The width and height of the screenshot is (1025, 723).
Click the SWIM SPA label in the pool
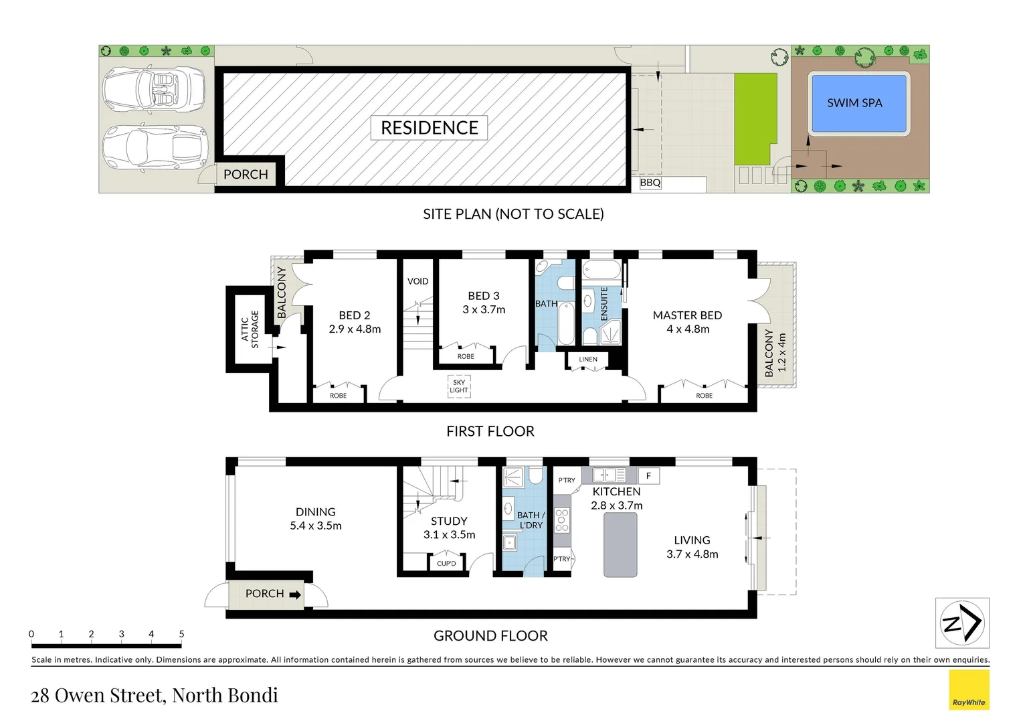pyautogui.click(x=854, y=103)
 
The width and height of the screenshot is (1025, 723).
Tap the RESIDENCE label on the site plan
pyautogui.click(x=429, y=128)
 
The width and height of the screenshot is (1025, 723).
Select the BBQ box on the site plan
pyautogui.click(x=650, y=183)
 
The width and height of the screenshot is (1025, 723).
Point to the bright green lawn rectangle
pyautogui.click(x=755, y=118)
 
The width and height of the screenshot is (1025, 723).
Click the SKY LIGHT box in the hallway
pyautogui.click(x=459, y=387)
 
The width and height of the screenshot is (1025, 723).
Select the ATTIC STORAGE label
pyautogui.click(x=250, y=329)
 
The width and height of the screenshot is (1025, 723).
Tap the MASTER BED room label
pyautogui.click(x=687, y=315)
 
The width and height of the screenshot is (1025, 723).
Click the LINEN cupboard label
pyautogui.click(x=588, y=359)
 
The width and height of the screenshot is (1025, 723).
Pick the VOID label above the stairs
pyautogui.click(x=417, y=281)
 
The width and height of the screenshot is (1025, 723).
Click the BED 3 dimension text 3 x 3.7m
pyautogui.click(x=484, y=310)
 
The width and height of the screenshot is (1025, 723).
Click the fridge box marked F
pyautogui.click(x=648, y=476)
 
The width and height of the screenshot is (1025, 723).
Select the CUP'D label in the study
pyautogui.click(x=446, y=564)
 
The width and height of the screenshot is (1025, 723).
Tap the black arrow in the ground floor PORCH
pyautogui.click(x=295, y=594)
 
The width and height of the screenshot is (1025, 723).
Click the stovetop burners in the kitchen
pyautogui.click(x=561, y=519)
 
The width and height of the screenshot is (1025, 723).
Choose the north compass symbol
pyautogui.click(x=961, y=623)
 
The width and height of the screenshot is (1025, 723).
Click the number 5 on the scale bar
pyautogui.click(x=181, y=634)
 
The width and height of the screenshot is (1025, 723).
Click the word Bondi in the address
pyautogui.click(x=252, y=696)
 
